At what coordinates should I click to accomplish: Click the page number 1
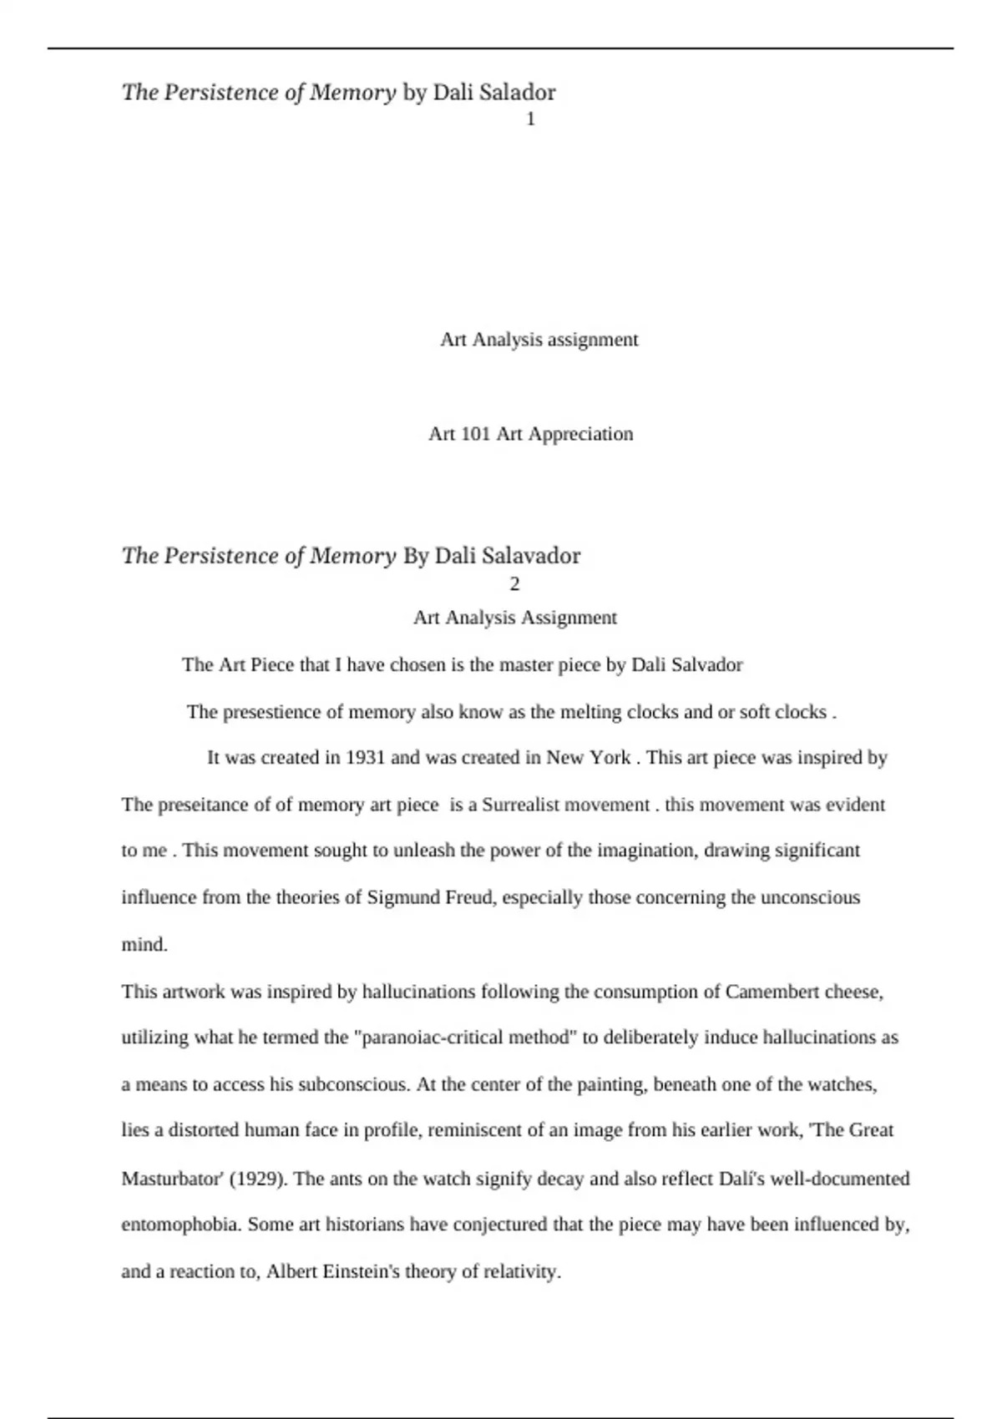coord(530,119)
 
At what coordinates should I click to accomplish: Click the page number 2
coord(514,583)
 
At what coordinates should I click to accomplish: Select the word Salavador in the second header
coord(531,556)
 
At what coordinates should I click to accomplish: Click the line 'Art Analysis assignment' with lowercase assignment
coord(539,340)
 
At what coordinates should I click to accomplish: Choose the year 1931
coord(365,758)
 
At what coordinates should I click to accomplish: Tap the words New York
coord(589,758)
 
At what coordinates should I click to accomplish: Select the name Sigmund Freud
coord(430,898)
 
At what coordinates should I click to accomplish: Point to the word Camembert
coord(772,992)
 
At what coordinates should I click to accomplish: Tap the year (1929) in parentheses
coord(258,1179)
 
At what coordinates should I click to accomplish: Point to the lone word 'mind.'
coord(144,945)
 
